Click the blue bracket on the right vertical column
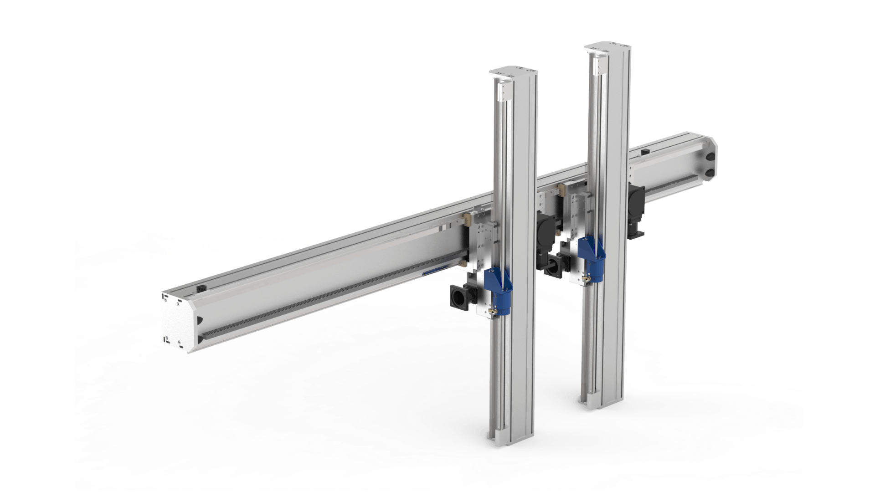point(591,253)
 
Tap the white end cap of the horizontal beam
point(176,321)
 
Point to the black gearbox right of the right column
point(636,207)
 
